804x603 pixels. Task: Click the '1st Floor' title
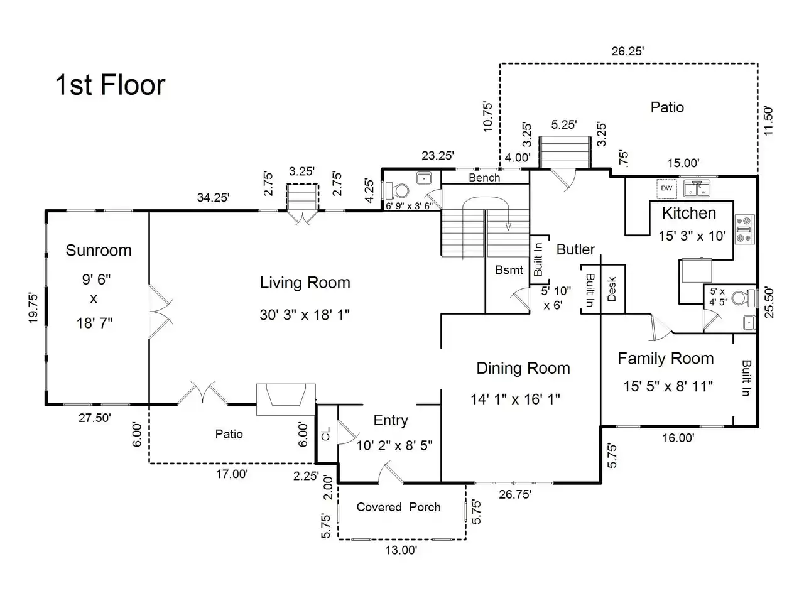[x=111, y=85]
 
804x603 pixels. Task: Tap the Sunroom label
[x=99, y=251]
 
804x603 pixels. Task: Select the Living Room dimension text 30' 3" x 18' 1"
[x=305, y=315]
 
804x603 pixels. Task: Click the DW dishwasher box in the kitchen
[x=666, y=188]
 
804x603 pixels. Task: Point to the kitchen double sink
[x=697, y=189]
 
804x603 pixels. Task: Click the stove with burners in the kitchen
[x=745, y=229]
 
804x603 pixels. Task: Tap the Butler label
[x=575, y=250]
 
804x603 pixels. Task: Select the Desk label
[x=612, y=289]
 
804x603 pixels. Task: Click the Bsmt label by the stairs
[x=509, y=270]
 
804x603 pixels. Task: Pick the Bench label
[x=484, y=178]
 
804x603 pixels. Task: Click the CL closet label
[x=325, y=434]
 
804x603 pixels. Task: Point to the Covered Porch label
[x=398, y=507]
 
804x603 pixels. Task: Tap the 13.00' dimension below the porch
[x=401, y=550]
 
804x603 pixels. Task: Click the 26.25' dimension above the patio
[x=627, y=52]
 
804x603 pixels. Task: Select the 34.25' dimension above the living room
[x=213, y=198]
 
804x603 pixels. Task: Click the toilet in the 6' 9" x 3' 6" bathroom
[x=397, y=190]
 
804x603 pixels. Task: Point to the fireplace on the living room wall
[x=286, y=399]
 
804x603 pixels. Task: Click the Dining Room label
[x=523, y=368]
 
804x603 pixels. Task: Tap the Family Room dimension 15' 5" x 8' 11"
[x=668, y=386]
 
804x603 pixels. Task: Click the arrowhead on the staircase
[x=508, y=227]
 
